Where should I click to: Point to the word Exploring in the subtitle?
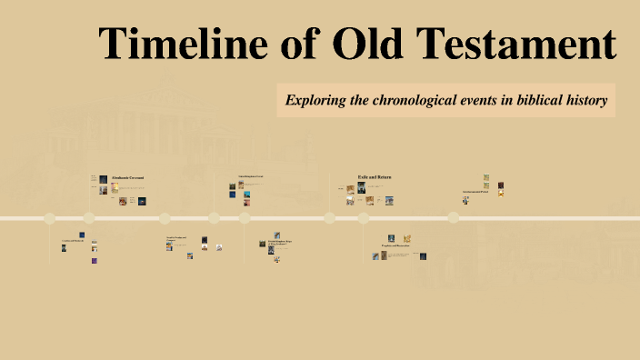315,100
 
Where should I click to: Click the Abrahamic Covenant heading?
127,176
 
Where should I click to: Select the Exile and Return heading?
374,176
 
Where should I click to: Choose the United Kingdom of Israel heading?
251,176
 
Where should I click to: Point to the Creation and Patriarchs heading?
72,241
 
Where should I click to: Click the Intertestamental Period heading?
475,192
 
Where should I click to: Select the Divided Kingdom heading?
280,243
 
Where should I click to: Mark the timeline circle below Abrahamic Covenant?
89,218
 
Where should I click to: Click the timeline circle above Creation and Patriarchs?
50,218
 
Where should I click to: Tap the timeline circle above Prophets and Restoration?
364,218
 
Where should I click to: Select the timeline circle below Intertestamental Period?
453,218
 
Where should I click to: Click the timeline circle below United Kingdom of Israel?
215,218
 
